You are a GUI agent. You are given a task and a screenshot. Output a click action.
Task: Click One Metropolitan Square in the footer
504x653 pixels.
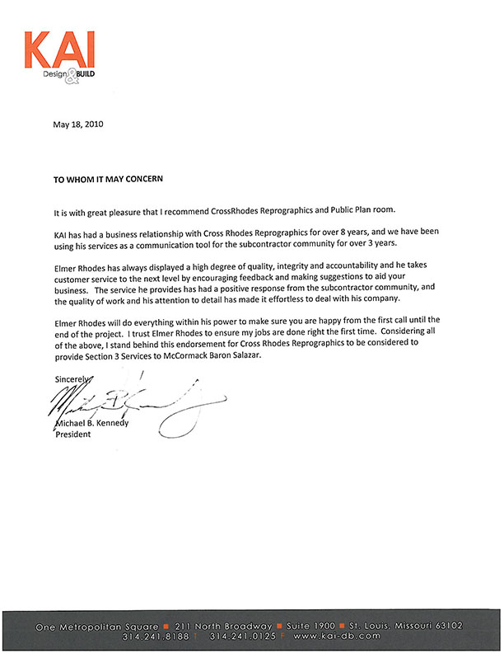coord(97,627)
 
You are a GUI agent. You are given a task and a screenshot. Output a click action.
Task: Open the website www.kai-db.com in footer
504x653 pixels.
coord(337,637)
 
